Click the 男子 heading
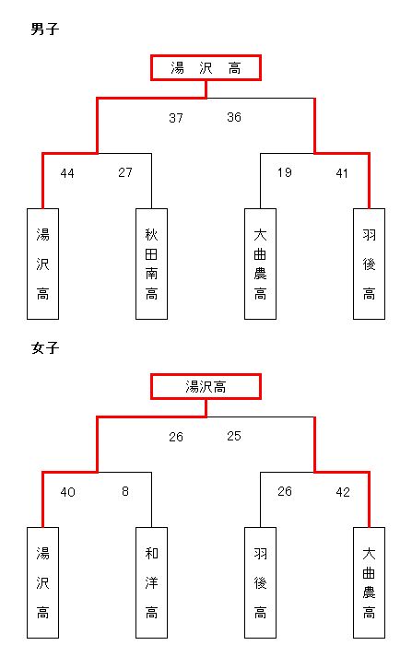[x=45, y=29]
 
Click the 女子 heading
[x=45, y=347]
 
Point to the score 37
[x=176, y=118]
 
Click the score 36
[x=234, y=117]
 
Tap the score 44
[x=67, y=173]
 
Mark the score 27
[x=125, y=172]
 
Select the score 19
[x=285, y=172]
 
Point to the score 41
[x=342, y=173]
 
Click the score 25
[x=234, y=436]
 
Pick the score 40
[x=67, y=492]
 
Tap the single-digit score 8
[x=125, y=491]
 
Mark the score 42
[x=343, y=492]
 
